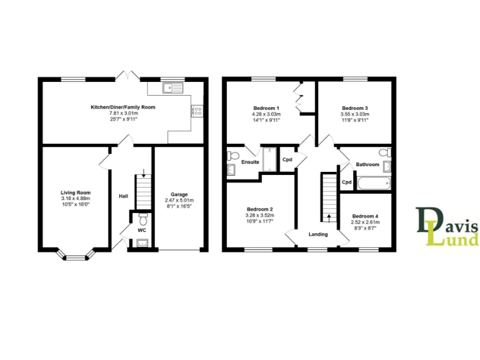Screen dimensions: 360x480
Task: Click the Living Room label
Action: (76, 192)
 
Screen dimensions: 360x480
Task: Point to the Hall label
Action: (124, 196)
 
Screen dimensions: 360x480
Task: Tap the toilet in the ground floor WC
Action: (143, 219)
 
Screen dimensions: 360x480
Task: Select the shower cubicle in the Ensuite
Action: (271, 159)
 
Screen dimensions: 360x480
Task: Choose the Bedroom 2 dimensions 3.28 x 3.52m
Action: (261, 215)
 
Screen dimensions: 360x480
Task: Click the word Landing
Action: (318, 234)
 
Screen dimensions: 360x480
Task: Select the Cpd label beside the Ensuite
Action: (287, 159)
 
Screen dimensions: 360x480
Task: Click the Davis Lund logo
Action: (447, 226)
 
